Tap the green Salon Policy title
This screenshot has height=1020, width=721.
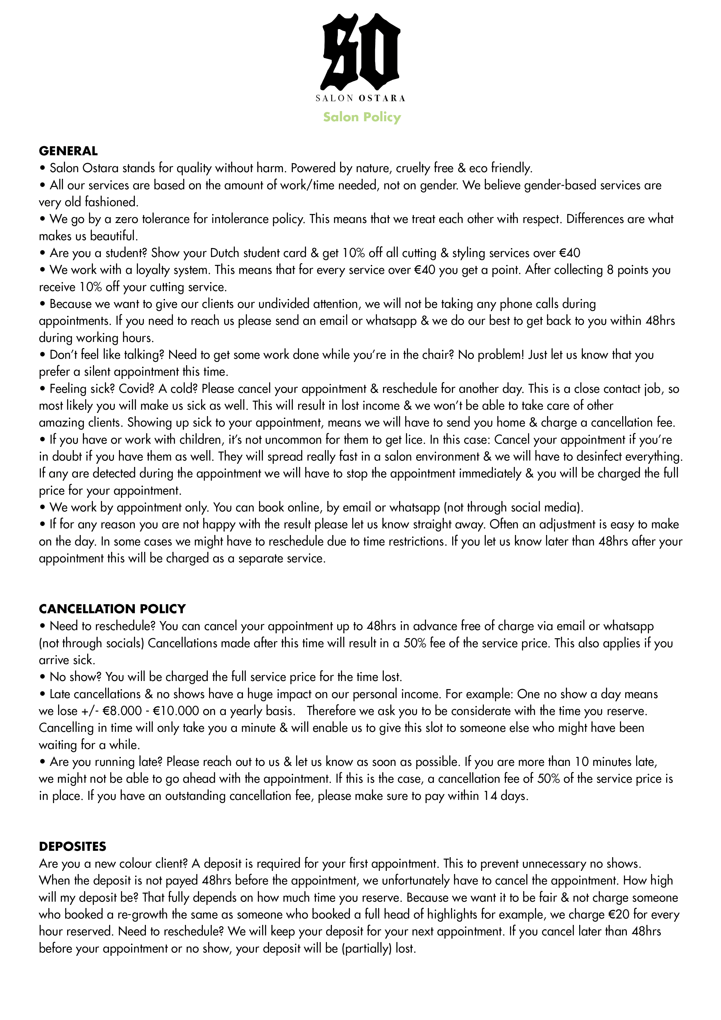362,117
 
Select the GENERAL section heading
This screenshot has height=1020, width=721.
68,151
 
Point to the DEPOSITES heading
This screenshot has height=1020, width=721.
72,846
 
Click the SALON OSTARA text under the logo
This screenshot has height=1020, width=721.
360,98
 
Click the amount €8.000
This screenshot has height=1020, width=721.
122,711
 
